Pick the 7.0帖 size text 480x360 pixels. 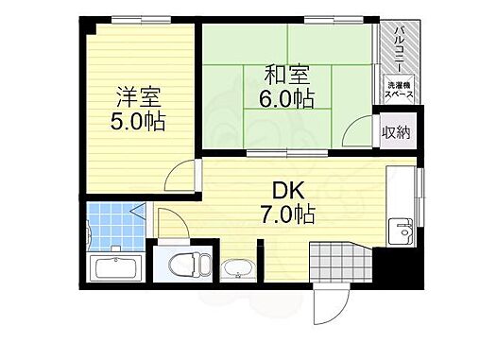(x=289, y=214)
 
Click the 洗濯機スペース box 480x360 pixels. (x=398, y=92)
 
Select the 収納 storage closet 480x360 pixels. (x=396, y=132)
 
